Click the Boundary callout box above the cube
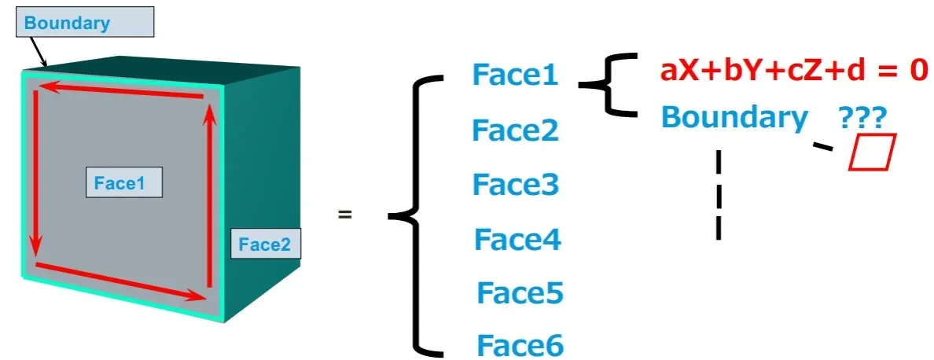click(x=85, y=23)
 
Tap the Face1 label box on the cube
click(x=123, y=182)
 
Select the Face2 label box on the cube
click(x=265, y=244)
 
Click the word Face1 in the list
click(x=515, y=75)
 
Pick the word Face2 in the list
click(x=515, y=130)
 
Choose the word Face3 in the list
click(x=515, y=185)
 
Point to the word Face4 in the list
click(x=517, y=239)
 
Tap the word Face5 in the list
click(x=520, y=294)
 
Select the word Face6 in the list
click(x=520, y=345)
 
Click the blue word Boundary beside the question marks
click(x=734, y=117)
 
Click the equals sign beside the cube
click(x=344, y=214)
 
